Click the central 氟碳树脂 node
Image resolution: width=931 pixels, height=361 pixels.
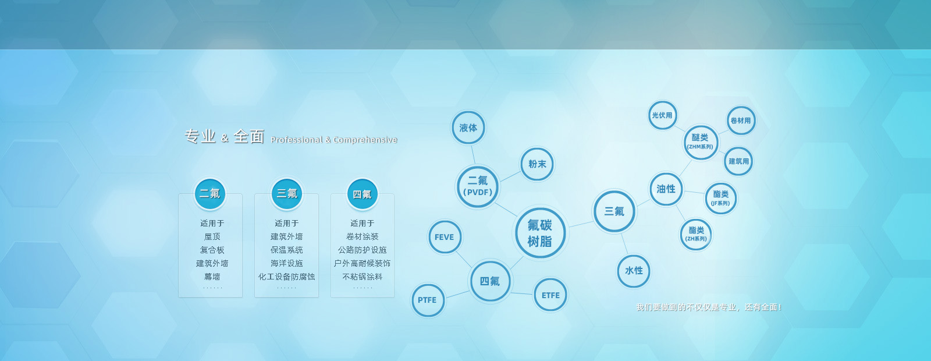point(540,233)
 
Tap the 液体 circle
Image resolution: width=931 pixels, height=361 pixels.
point(468,128)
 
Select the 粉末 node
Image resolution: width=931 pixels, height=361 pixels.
point(537,164)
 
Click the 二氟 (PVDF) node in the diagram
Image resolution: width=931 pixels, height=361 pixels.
point(478,187)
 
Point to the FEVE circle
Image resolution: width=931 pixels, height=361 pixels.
point(445,237)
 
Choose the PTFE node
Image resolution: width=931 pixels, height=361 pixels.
point(428,300)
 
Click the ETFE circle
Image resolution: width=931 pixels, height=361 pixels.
point(550,295)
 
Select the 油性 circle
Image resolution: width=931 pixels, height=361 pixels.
point(666,189)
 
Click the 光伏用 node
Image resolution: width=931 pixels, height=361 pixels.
point(663,115)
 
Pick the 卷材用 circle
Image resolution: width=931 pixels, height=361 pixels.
point(741,121)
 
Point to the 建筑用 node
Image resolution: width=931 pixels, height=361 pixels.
point(738,161)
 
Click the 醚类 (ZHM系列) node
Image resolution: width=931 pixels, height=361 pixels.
point(701,142)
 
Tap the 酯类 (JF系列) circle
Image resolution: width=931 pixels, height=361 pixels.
point(721,199)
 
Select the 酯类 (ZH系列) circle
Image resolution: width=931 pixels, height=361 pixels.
point(696,235)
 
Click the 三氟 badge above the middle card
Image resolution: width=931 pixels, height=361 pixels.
point(287,194)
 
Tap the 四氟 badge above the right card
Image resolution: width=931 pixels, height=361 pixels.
point(363,194)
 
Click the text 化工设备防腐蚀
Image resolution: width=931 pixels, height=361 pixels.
point(286,277)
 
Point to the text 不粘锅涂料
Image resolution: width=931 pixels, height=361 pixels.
point(363,277)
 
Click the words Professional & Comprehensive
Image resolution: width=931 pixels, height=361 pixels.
point(334,140)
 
